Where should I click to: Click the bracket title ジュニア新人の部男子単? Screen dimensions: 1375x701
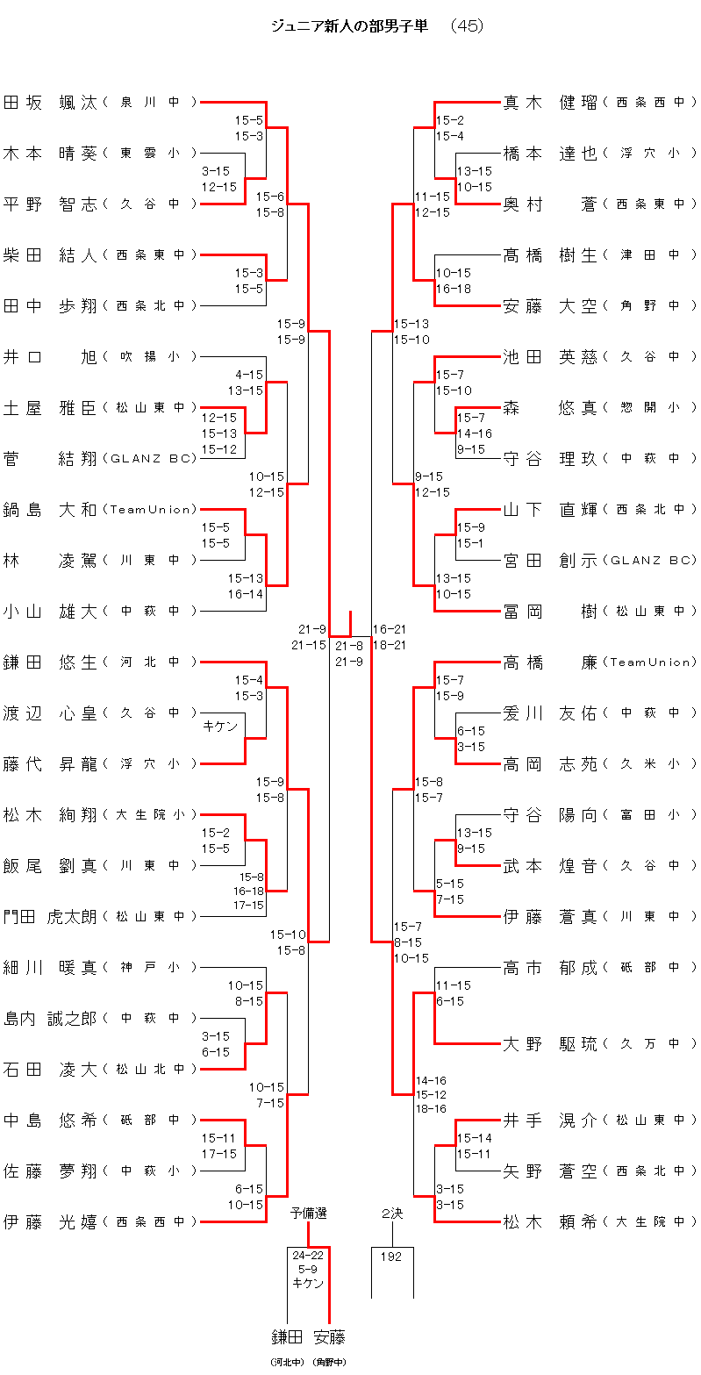pyautogui.click(x=350, y=26)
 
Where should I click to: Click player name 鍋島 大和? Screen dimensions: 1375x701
pyautogui.click(x=50, y=510)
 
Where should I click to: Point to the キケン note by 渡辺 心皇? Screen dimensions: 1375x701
pyautogui.click(x=220, y=726)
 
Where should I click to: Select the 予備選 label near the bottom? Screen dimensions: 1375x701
pyautogui.click(x=309, y=1214)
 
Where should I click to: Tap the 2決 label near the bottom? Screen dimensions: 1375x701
pyautogui.click(x=392, y=1214)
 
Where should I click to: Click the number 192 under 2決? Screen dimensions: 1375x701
pyautogui.click(x=391, y=1257)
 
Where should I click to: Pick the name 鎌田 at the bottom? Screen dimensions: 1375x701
pyautogui.click(x=287, y=1337)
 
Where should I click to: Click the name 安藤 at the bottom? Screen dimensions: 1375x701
pyautogui.click(x=329, y=1337)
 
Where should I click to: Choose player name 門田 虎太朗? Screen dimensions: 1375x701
pyautogui.click(x=50, y=917)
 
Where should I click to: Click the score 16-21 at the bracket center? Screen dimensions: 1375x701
pyautogui.click(x=390, y=629)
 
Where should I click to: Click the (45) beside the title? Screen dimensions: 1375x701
pyautogui.click(x=466, y=26)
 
